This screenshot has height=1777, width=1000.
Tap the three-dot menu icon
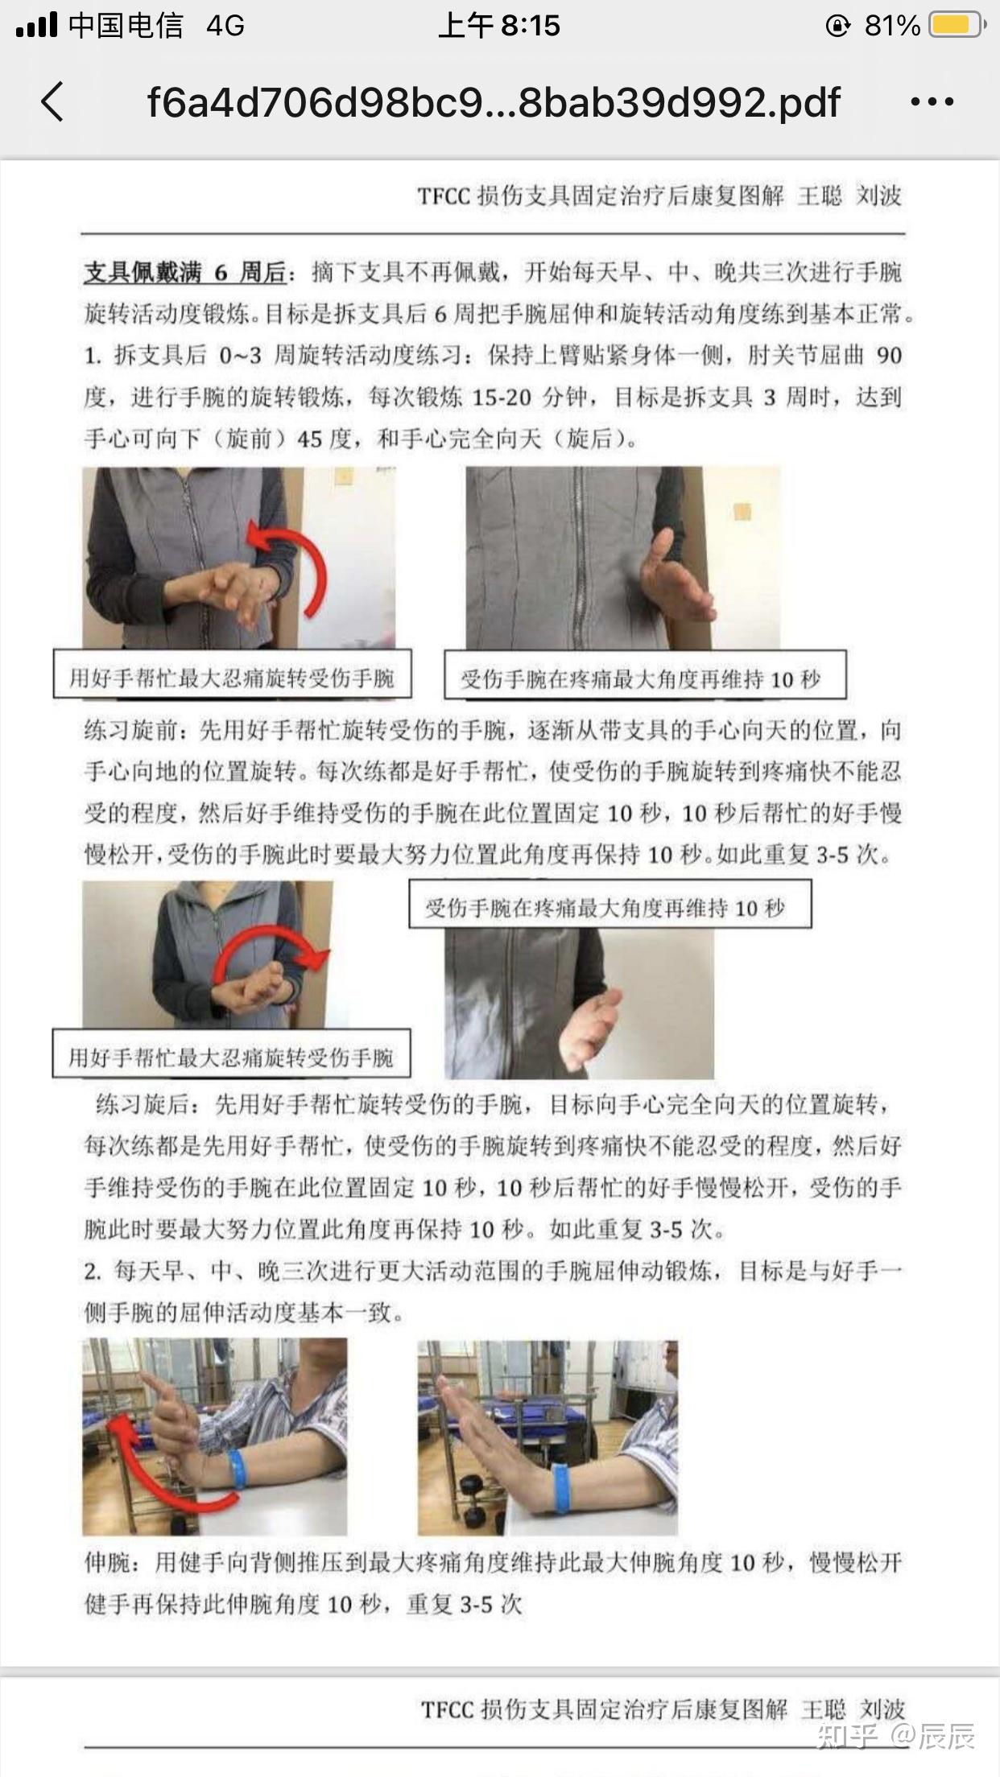(932, 102)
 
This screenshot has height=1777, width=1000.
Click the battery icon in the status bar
(956, 26)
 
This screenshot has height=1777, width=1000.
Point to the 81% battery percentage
(892, 26)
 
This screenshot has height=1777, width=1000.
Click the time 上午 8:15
(499, 26)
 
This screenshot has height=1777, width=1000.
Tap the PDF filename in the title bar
(493, 103)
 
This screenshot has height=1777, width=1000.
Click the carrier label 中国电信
(126, 26)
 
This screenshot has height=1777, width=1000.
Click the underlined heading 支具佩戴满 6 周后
(186, 273)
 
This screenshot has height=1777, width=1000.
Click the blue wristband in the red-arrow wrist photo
(235, 1470)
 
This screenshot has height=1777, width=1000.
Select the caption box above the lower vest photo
(610, 907)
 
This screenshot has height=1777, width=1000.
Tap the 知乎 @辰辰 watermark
(895, 1737)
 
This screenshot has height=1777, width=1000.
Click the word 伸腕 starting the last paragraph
(108, 1563)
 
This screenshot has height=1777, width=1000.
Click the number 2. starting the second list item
(93, 1272)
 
